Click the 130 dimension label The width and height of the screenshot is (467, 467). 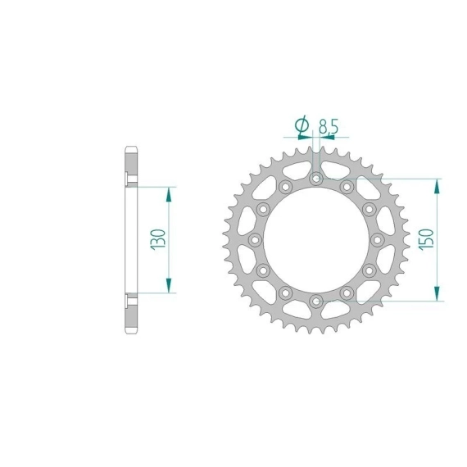pos(158,239)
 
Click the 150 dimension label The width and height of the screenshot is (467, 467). pos(426,239)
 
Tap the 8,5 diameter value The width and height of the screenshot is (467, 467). pos(329,126)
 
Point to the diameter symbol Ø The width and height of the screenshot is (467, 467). pos(302,125)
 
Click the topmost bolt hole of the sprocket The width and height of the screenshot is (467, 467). pos(316,179)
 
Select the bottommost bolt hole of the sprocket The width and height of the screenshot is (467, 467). pos(316,302)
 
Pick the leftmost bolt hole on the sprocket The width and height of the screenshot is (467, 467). pos(255,240)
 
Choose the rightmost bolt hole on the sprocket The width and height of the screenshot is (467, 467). pos(378,240)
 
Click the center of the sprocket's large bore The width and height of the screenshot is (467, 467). pos(316,240)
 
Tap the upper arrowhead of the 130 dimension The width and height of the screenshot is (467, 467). pos(169,194)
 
